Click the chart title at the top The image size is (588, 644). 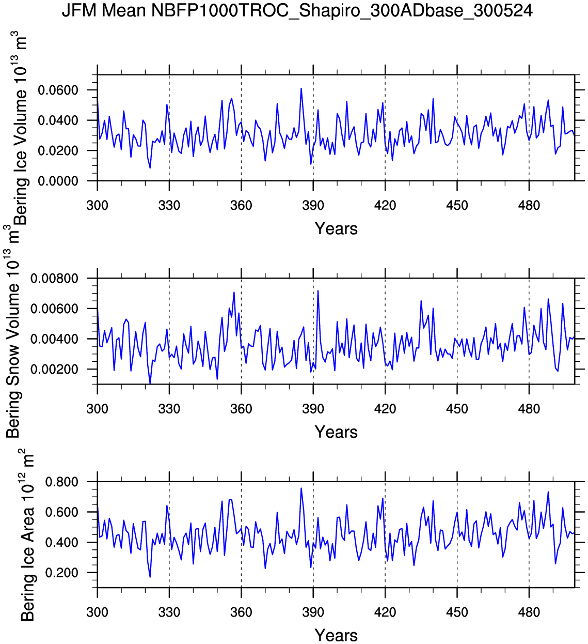click(297, 10)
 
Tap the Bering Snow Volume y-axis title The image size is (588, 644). click(13, 331)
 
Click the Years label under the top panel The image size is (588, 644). click(336, 228)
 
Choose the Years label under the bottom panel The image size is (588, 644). click(336, 635)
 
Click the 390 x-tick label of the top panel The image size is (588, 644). click(313, 206)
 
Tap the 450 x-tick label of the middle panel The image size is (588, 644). click(457, 409)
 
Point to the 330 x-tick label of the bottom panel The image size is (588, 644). click(169, 612)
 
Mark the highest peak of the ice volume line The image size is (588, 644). click(301, 88)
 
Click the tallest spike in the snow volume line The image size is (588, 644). click(317, 290)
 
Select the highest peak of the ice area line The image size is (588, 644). click(301, 488)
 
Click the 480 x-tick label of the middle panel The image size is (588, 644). click(529, 409)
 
